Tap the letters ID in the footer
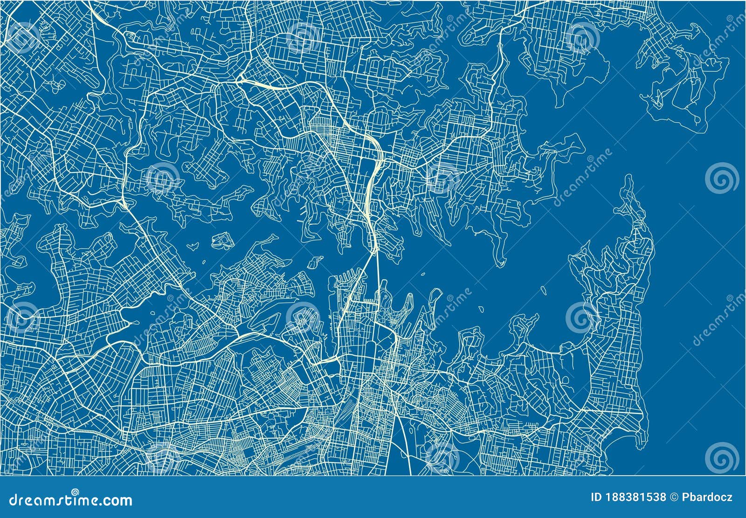(595, 497)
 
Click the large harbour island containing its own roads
(222, 241)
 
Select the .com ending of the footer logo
(114, 501)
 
